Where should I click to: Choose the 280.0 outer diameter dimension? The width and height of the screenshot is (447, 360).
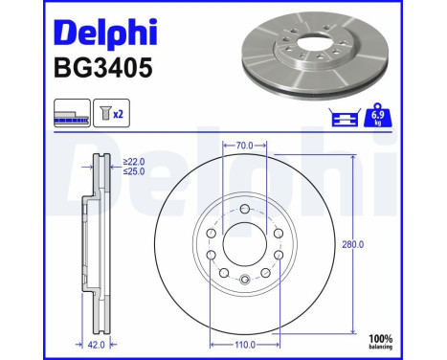(x=354, y=244)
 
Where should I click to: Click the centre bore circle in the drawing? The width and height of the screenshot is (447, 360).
(x=244, y=244)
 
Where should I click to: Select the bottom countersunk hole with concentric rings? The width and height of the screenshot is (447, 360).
(x=244, y=280)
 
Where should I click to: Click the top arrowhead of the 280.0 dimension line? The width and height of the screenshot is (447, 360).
(x=355, y=153)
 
